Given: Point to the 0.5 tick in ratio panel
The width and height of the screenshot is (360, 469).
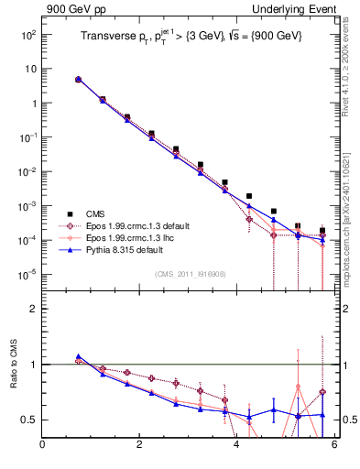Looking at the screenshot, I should pyautogui.click(x=29, y=420).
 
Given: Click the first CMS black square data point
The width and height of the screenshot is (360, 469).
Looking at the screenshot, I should pyautogui.click(x=79, y=80).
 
